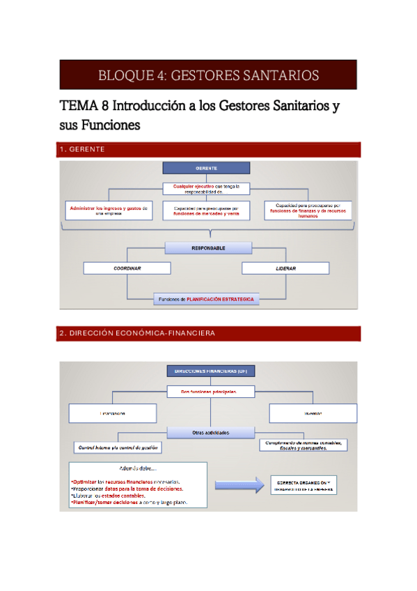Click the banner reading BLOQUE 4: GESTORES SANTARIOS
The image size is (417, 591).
point(208,75)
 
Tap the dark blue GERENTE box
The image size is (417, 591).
point(206,169)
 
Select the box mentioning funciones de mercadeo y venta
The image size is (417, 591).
point(206,210)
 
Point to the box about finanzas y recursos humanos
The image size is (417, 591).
point(308,210)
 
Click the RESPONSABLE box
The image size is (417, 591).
point(208,247)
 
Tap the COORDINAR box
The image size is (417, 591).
point(127,268)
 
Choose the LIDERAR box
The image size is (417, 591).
point(285,268)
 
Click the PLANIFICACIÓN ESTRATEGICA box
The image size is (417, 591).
point(206,299)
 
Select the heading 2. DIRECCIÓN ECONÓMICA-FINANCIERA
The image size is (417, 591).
point(137,333)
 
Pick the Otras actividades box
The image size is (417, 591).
point(210,432)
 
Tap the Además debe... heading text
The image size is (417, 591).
point(138,468)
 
